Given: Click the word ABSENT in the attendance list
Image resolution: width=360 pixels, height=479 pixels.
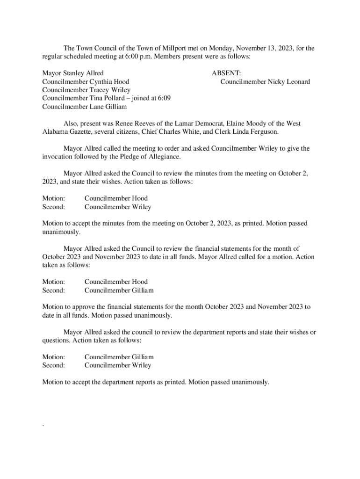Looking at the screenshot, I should pyautogui.click(x=226, y=73).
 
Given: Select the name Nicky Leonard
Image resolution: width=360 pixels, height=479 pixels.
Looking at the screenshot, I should pyautogui.click(x=288, y=82).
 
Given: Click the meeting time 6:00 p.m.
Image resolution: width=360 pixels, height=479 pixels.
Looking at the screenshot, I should pyautogui.click(x=131, y=57).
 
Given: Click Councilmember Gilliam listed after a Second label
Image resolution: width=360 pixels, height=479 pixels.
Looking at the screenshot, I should pyautogui.click(x=119, y=290).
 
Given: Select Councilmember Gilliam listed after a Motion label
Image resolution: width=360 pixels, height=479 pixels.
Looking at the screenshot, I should pyautogui.click(x=119, y=357).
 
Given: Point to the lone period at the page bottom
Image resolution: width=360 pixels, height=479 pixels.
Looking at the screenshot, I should pyautogui.click(x=43, y=426).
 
